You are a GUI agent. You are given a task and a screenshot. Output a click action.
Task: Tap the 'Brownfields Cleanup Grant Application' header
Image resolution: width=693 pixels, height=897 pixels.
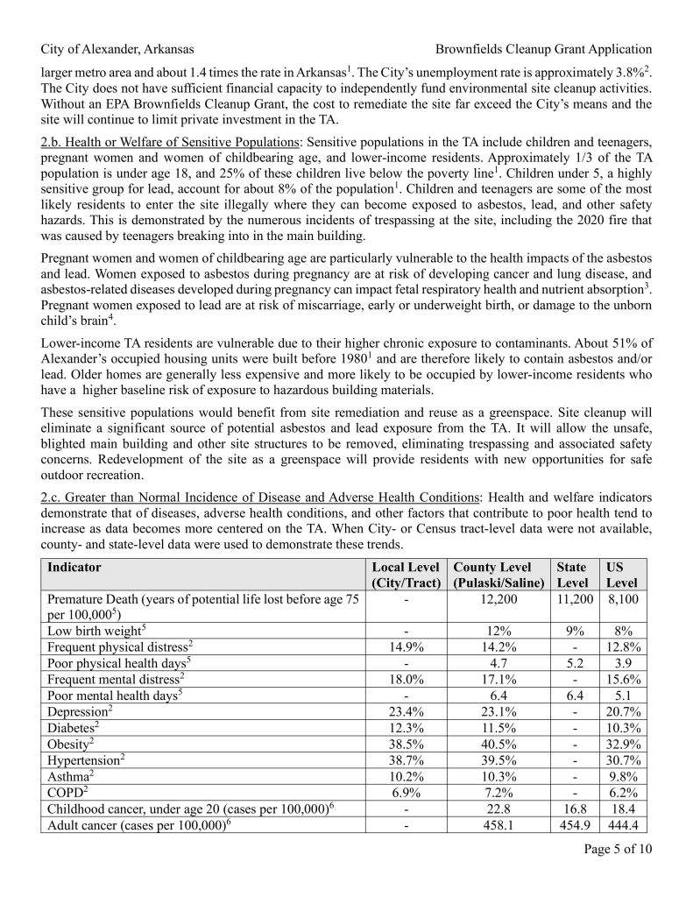tap(543, 49)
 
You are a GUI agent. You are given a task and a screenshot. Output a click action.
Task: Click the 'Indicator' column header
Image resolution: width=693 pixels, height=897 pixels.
tap(74, 568)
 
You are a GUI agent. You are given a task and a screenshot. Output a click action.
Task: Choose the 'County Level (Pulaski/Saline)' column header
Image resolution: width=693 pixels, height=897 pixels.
tap(499, 575)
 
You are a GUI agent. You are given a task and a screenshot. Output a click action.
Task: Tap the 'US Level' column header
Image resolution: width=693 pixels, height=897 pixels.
tap(623, 575)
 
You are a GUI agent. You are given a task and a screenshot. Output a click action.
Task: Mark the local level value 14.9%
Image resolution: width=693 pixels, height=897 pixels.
tap(405, 647)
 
